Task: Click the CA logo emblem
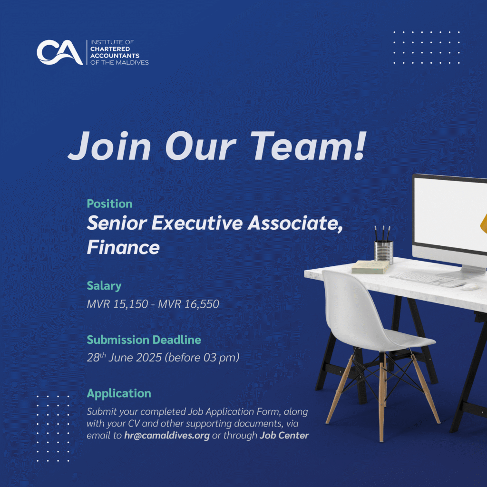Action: (x=60, y=52)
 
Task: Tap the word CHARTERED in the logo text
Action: (x=110, y=49)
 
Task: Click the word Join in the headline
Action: (x=110, y=146)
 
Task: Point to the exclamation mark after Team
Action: (x=360, y=146)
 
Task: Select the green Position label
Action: (x=110, y=204)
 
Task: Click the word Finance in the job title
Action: (x=123, y=247)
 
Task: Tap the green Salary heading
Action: (x=104, y=286)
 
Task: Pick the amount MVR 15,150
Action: (x=117, y=304)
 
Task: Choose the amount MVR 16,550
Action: (x=188, y=304)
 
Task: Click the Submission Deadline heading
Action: (x=144, y=340)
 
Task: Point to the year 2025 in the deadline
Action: (x=149, y=358)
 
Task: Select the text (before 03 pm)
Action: (x=202, y=358)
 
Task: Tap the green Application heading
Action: (x=119, y=393)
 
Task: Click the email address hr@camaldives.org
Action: (x=167, y=436)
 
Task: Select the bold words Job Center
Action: (x=284, y=436)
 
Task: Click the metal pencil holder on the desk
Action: (x=384, y=251)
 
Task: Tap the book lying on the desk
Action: (x=370, y=267)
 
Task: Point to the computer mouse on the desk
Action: (x=470, y=286)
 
